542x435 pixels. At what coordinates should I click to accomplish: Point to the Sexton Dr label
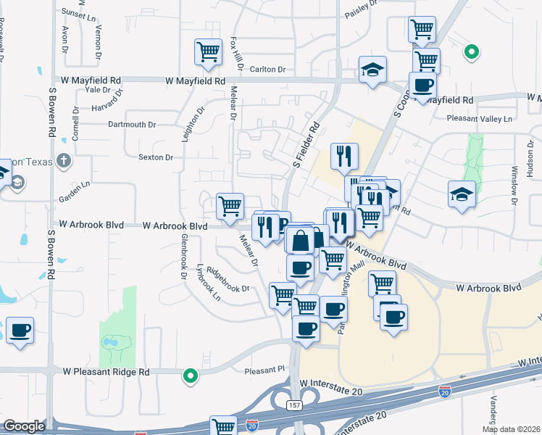pos(156,157)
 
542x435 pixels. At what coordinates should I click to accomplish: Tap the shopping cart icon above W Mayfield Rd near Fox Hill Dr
pos(208,51)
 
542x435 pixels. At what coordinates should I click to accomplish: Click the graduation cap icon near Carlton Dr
pos(372,70)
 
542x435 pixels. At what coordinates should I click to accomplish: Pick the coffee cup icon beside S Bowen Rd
pos(20,331)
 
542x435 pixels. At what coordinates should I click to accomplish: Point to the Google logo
pos(24,426)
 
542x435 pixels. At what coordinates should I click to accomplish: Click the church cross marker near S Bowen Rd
pos(64,161)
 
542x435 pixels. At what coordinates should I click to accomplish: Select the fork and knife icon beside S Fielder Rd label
pos(343,155)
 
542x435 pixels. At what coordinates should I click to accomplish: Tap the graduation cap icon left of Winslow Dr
pos(462,194)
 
